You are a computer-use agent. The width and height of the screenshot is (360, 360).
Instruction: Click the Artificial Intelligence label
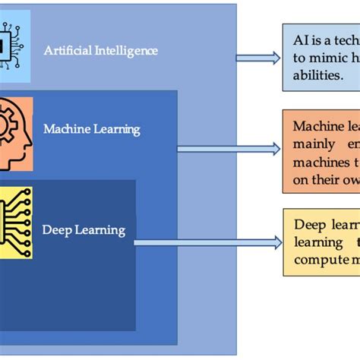tap(100, 51)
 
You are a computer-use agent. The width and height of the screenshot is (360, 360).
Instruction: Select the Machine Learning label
tap(91, 129)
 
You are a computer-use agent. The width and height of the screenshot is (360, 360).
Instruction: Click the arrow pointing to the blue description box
tap(257, 58)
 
